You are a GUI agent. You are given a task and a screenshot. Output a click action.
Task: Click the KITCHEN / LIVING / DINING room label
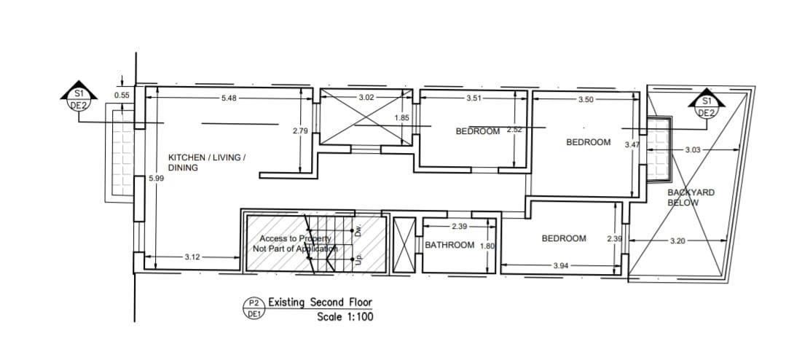tap(207, 163)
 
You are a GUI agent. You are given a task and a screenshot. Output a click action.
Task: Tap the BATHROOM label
tap(449, 245)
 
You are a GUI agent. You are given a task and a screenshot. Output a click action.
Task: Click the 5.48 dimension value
tap(229, 98)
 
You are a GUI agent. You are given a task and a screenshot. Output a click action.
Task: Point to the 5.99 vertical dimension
tap(157, 178)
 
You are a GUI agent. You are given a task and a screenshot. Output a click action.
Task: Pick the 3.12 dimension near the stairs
tap(192, 257)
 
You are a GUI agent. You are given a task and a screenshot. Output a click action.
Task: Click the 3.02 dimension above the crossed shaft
tap(366, 97)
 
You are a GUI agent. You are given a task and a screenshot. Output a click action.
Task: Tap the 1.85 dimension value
tap(402, 118)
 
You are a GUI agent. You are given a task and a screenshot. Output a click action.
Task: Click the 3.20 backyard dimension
tap(677, 241)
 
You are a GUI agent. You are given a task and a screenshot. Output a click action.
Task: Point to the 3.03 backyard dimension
tap(692, 149)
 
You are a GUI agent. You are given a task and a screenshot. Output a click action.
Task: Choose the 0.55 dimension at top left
tap(122, 95)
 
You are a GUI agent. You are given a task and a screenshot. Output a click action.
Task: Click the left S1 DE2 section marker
tap(79, 95)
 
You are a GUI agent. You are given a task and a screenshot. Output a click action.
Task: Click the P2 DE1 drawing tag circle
tap(254, 308)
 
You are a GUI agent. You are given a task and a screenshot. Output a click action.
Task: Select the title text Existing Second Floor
tap(321, 302)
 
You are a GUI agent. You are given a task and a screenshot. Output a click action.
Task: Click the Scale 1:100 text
tap(345, 317)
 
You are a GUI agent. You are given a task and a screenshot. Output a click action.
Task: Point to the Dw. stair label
tap(358, 230)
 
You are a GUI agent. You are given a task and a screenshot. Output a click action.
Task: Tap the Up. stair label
tap(358, 259)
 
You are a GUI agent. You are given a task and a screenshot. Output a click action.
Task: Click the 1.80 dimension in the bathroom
tap(487, 246)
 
